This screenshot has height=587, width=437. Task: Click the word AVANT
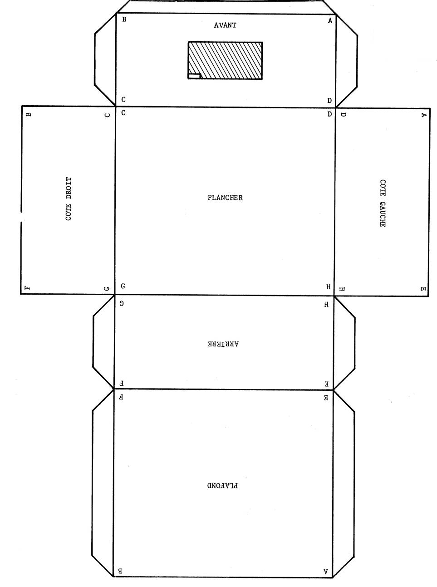pyautogui.click(x=225, y=25)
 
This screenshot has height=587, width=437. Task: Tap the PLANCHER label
pyautogui.click(x=225, y=198)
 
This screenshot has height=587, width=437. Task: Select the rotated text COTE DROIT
pyautogui.click(x=69, y=199)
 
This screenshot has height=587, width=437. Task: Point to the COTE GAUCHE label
pyautogui.click(x=383, y=203)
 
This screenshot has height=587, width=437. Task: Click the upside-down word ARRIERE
pyautogui.click(x=223, y=344)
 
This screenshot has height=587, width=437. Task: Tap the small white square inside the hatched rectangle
pyautogui.click(x=194, y=76)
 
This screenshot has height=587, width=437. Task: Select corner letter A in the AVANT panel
pyautogui.click(x=330, y=20)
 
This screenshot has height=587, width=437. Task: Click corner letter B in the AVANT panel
pyautogui.click(x=124, y=19)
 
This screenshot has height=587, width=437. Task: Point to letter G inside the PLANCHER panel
pyautogui.click(x=123, y=286)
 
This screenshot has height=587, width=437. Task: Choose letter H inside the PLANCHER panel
pyautogui.click(x=328, y=287)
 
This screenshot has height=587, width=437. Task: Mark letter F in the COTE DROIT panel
pyautogui.click(x=28, y=288)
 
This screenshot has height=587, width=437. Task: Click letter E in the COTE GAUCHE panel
pyautogui.click(x=422, y=289)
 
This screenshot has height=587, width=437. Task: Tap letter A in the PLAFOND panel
pyautogui.click(x=325, y=572)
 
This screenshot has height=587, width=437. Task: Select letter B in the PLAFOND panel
pyautogui.click(x=120, y=572)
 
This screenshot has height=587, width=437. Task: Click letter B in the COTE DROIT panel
pyautogui.click(x=29, y=114)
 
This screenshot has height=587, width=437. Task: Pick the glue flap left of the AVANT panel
pyautogui.click(x=105, y=59)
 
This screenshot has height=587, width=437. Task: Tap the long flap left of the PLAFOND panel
pyautogui.click(x=103, y=483)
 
